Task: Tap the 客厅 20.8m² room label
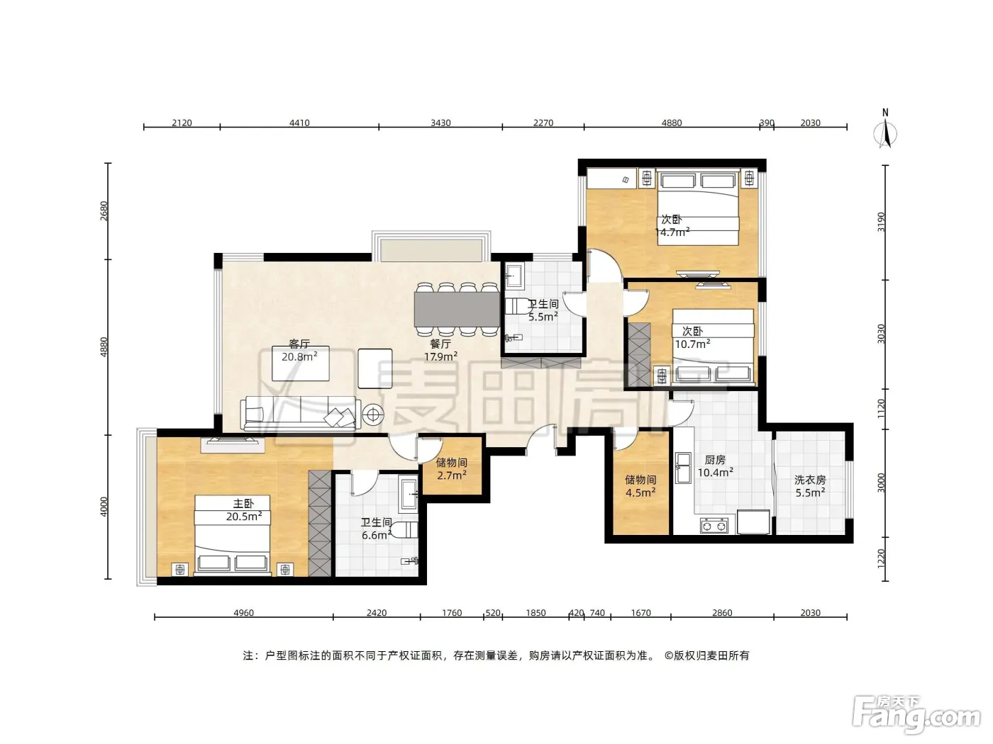299,351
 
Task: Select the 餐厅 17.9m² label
440,350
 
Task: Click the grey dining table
456,309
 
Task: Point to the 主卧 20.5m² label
244,510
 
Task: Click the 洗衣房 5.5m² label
810,486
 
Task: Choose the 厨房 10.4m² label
715,466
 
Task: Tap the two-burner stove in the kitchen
714,525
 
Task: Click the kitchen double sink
682,468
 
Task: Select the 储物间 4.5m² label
640,486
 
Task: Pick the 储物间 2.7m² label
451,469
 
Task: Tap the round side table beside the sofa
372,414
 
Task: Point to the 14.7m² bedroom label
672,226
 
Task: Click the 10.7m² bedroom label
692,337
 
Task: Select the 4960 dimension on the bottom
243,612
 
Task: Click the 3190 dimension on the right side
881,222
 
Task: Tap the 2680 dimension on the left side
104,211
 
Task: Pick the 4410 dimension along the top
299,123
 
